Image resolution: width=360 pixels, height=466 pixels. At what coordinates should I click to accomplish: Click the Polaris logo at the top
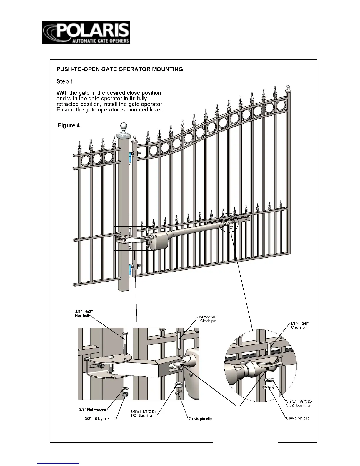[86, 33]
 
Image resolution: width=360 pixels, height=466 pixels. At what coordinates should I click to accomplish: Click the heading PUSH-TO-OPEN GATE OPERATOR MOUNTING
[119, 69]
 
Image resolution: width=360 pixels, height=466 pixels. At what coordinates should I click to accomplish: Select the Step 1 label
[64, 81]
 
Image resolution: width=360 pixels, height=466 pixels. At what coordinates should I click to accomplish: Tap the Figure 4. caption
[69, 125]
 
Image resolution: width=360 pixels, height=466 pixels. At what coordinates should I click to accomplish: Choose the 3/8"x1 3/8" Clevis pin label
[299, 325]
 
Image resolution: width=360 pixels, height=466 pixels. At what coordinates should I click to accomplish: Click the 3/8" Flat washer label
[93, 410]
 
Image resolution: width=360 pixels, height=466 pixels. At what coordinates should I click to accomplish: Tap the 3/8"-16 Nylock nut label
[100, 419]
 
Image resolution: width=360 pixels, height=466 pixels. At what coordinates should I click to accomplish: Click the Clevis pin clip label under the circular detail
[298, 418]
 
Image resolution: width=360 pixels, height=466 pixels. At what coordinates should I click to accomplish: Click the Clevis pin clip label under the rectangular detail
[200, 419]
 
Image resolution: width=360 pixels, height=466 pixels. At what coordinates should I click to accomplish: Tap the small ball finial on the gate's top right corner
[288, 87]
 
